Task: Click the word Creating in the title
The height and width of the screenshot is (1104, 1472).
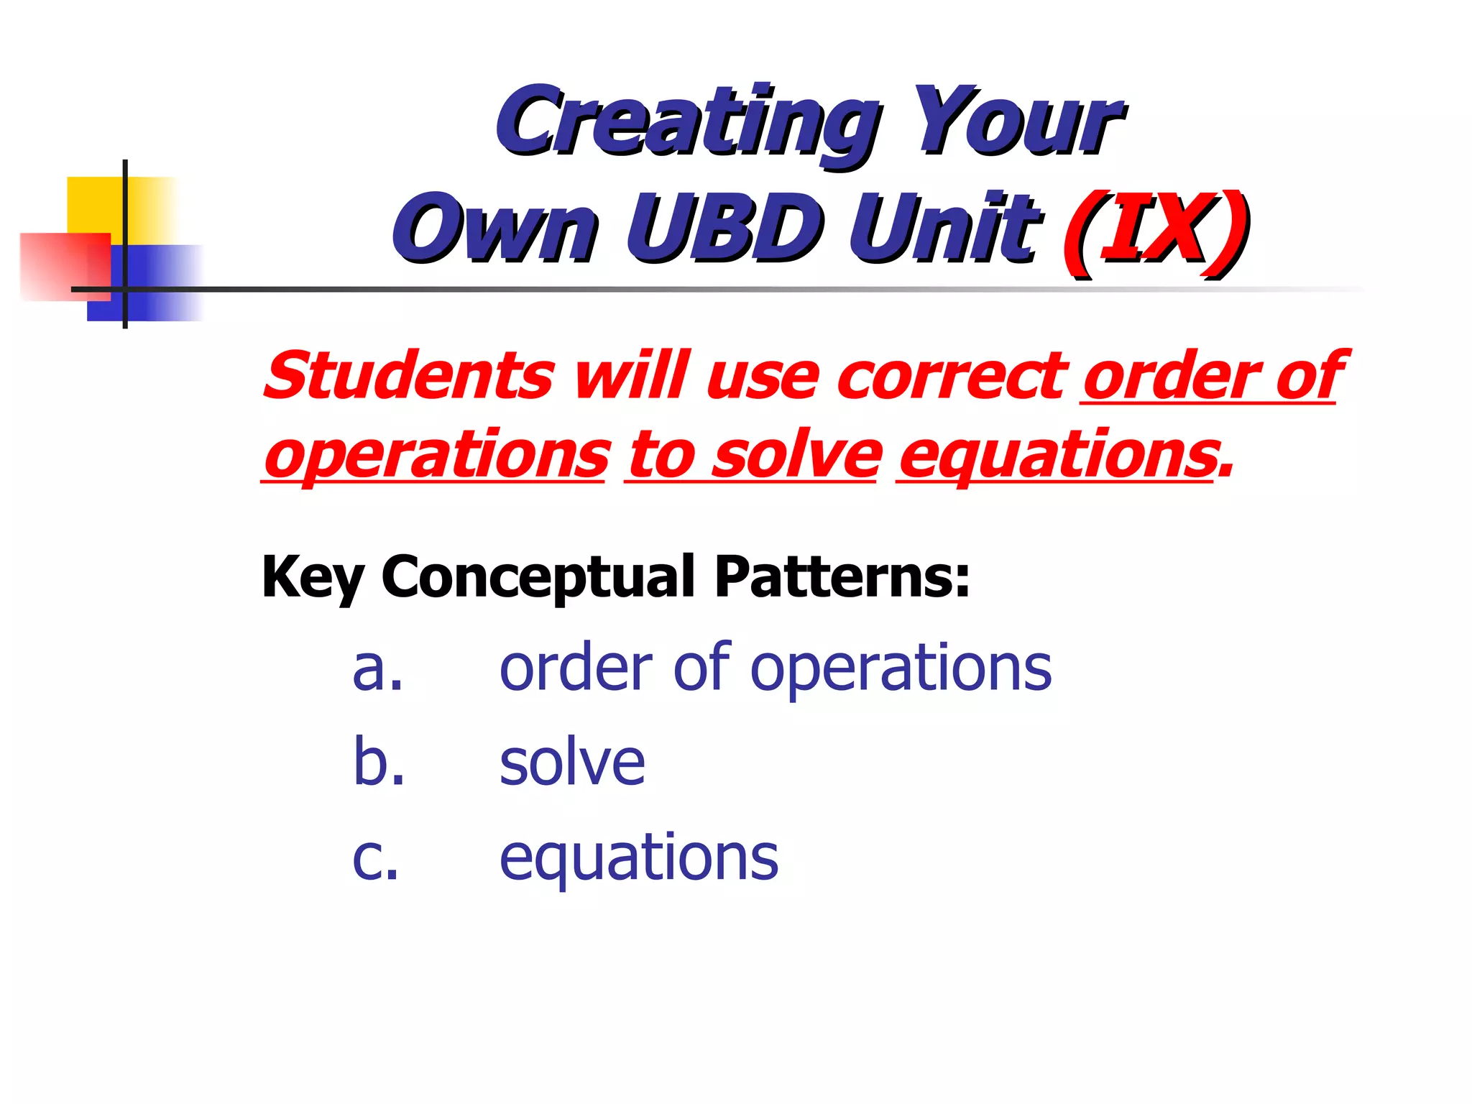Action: coord(686,121)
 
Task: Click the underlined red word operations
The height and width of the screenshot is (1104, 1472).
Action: coord(436,456)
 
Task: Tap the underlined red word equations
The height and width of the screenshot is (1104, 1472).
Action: coord(1057,456)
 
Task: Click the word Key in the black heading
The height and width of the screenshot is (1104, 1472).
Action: coord(312,577)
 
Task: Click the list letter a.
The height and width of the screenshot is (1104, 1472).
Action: coord(377,669)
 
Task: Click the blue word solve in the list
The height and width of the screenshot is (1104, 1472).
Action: coord(572,763)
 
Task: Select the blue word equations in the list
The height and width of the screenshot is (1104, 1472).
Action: coord(638,858)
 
